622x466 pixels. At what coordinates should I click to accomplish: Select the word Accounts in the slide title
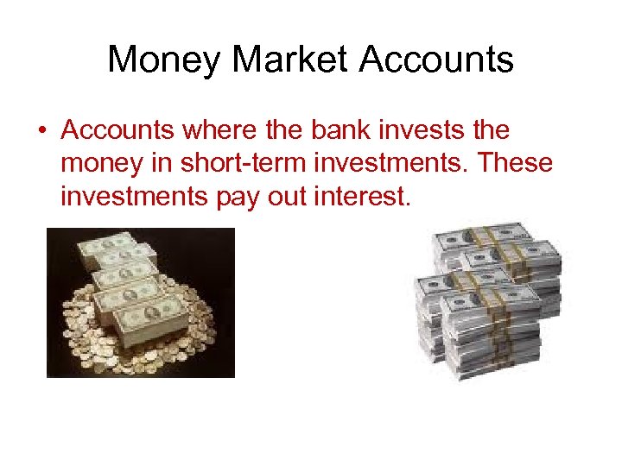pos(436,60)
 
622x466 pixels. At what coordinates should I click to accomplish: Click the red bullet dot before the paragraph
pos(41,132)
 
